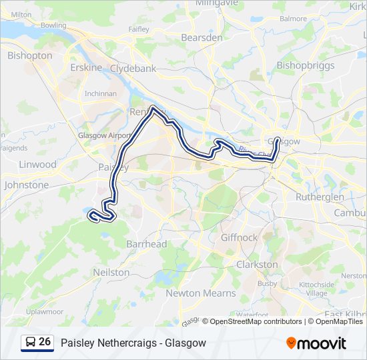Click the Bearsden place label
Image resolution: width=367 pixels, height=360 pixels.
click(201, 37)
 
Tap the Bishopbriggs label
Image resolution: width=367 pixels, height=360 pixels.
click(303, 65)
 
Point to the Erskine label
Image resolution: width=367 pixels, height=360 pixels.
click(86, 67)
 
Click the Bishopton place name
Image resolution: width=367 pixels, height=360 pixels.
click(29, 55)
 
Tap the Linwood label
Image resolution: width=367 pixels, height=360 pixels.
click(37, 164)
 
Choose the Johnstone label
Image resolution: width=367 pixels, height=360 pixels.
click(27, 185)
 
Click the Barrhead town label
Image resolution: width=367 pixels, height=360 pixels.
click(146, 244)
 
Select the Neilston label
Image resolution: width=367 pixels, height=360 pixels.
click(111, 272)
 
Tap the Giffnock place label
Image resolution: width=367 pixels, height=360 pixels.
click(238, 237)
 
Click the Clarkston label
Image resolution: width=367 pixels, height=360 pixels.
click(257, 264)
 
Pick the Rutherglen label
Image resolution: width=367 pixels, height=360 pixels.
click(320, 197)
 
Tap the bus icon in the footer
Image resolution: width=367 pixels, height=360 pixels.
click(30, 342)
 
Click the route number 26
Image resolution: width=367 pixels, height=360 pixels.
click(45, 342)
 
